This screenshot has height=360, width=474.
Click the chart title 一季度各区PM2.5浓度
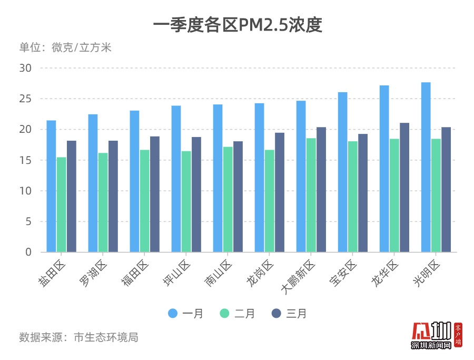(237, 25)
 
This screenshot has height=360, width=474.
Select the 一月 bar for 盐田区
(51, 186)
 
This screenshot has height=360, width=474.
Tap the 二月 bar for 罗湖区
(103, 202)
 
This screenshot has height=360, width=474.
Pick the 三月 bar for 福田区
(155, 194)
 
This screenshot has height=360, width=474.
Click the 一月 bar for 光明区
(426, 167)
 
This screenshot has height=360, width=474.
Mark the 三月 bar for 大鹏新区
(321, 189)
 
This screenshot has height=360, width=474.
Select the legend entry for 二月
(237, 314)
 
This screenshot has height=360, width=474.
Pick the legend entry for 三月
(289, 314)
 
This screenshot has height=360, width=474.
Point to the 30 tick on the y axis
(26, 68)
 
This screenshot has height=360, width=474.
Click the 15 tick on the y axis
(26, 160)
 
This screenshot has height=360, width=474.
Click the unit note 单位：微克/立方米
(65, 47)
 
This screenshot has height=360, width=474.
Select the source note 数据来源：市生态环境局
(78, 337)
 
